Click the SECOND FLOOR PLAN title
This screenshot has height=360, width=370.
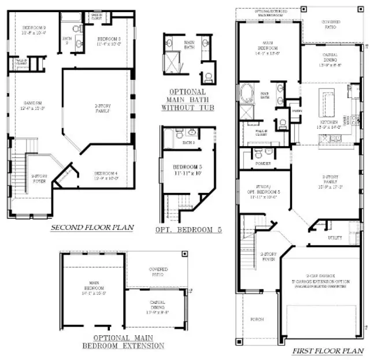pos(92,228)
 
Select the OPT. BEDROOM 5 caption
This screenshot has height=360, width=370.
pos(189,229)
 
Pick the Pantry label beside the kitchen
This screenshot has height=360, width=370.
pos(297,110)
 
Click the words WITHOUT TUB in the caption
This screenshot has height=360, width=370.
pos(186,107)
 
